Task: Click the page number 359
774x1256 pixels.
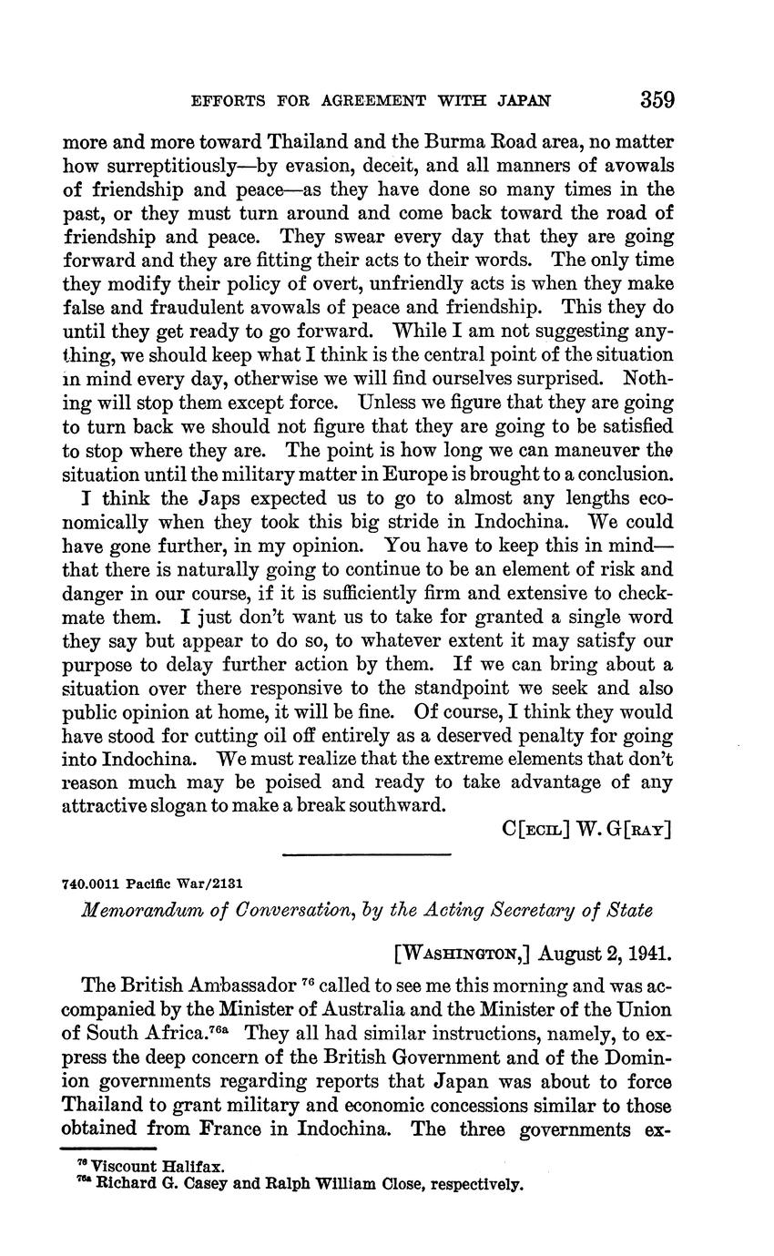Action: tap(657, 98)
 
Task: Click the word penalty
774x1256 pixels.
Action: tap(559, 735)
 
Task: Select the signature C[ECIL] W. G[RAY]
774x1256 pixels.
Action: tap(586, 830)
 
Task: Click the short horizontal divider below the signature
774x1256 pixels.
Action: tap(367, 854)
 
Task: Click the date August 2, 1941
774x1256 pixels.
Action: tap(605, 955)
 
